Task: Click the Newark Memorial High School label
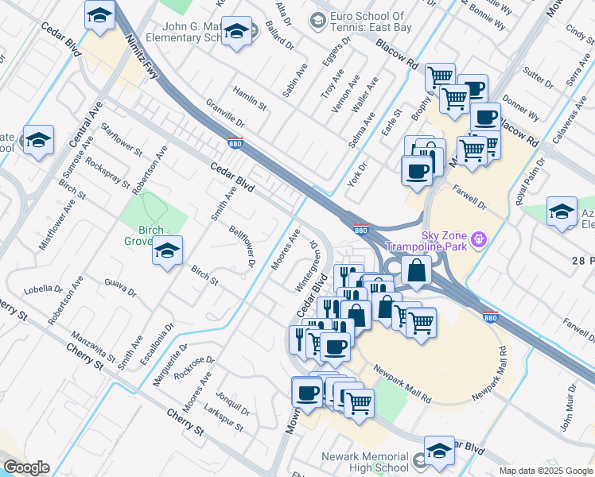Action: point(365,463)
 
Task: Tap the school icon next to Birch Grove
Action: point(167,250)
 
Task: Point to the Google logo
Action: point(26,467)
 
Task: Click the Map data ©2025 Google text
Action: point(545,471)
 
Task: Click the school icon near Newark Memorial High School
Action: point(439,451)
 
